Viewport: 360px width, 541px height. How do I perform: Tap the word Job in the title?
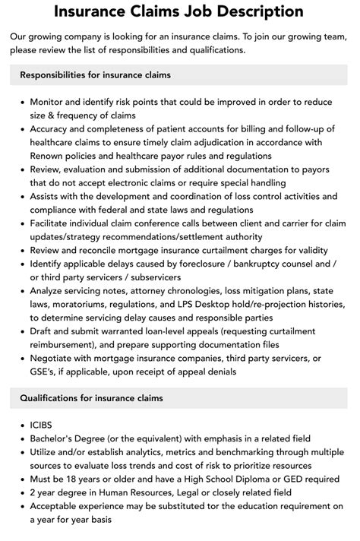click(180, 11)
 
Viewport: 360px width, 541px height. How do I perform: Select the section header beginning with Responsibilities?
click(95, 75)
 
